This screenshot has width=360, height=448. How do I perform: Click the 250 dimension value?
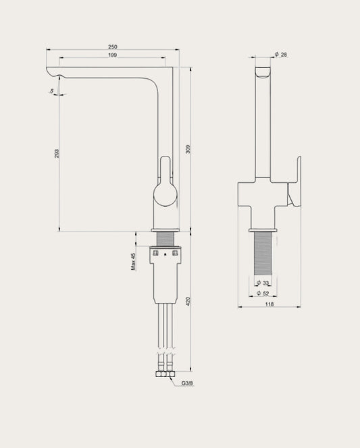[113, 47]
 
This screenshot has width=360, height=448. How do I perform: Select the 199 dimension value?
[112, 55]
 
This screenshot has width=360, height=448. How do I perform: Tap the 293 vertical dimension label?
[57, 154]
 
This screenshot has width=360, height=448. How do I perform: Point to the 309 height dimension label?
[188, 149]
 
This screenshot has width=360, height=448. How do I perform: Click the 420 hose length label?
[188, 302]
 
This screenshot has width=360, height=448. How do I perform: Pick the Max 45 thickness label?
[133, 261]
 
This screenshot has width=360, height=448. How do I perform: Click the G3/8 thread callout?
[187, 383]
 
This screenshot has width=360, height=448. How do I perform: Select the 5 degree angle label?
[52, 91]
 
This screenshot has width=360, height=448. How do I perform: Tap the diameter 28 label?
[281, 54]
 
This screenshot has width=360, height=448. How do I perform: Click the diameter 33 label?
[263, 283]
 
